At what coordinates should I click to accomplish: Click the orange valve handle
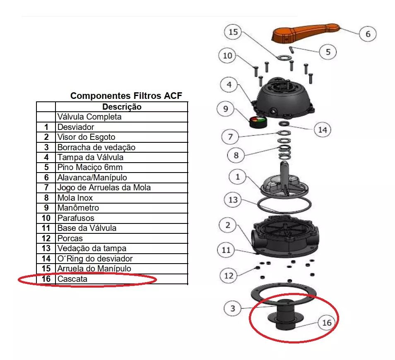305,33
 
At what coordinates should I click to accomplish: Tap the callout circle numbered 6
368,34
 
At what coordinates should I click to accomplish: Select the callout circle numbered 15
233,32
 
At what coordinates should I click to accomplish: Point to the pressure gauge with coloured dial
258,122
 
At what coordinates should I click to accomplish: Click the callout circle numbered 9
226,109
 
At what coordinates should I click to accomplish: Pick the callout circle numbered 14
323,130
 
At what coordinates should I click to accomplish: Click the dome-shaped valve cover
283,98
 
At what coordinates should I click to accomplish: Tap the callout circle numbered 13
233,199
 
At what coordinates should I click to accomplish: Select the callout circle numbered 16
327,322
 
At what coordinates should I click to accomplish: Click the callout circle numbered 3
233,308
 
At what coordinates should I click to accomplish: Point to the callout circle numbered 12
229,276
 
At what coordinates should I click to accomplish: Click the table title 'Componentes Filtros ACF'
126,96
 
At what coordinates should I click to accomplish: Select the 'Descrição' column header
122,107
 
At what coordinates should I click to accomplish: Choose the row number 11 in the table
46,228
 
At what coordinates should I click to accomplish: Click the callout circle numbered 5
328,52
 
